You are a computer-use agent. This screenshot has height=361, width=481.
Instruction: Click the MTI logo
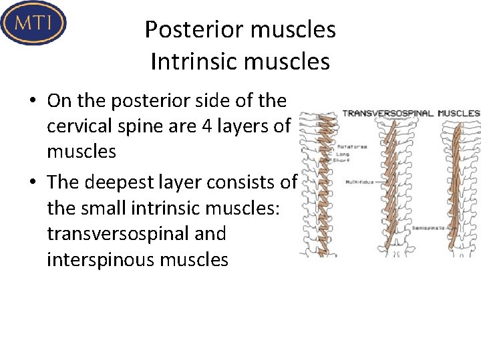pyautogui.click(x=33, y=23)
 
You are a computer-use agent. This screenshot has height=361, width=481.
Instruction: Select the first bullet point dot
pyautogui.click(x=32, y=102)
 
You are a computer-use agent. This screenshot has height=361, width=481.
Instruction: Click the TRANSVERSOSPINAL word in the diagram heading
pyautogui.click(x=387, y=114)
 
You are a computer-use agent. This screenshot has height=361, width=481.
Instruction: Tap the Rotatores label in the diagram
pyautogui.click(x=352, y=146)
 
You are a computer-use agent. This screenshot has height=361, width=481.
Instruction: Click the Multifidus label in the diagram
pyautogui.click(x=359, y=182)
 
